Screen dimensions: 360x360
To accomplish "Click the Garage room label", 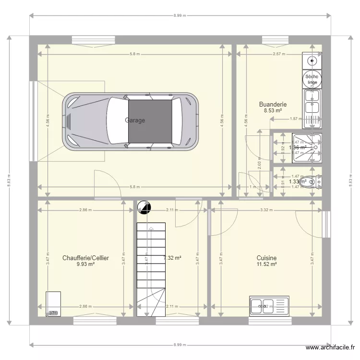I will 135,120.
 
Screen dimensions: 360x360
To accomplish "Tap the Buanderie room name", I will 273,104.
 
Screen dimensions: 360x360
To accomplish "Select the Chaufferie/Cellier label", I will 85,258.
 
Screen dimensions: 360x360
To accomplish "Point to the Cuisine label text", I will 266,258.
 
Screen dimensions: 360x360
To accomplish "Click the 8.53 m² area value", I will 273,110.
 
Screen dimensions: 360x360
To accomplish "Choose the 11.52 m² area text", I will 266,264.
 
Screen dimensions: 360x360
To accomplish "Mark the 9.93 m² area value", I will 85,264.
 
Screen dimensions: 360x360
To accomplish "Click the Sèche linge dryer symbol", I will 312,80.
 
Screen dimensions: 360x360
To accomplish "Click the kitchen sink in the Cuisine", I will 269,305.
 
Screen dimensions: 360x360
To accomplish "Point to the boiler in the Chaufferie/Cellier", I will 53,303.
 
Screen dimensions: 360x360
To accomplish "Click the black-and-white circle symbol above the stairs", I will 144,207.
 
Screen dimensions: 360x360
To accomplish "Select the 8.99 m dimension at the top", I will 180,16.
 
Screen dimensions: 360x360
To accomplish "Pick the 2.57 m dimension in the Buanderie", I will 279,54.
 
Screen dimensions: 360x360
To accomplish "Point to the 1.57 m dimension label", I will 296,119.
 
